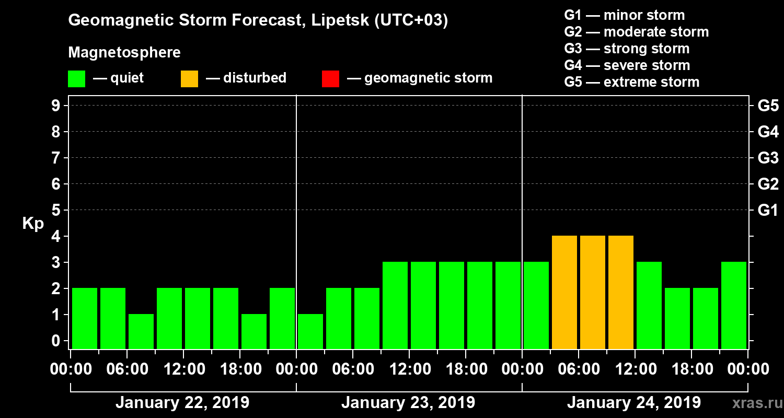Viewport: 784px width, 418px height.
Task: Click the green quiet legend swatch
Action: tap(76, 79)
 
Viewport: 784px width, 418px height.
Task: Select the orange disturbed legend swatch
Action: tap(189, 79)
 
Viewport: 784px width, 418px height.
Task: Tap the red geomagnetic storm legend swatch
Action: tap(330, 79)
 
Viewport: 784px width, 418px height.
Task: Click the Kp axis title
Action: tap(33, 223)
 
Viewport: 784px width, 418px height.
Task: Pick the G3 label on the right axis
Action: tap(768, 158)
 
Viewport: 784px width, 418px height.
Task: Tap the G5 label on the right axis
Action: tap(768, 106)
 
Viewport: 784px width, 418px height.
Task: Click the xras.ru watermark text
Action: tap(753, 403)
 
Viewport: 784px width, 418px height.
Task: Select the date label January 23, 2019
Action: tap(408, 403)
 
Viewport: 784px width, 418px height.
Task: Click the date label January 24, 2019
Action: tap(634, 403)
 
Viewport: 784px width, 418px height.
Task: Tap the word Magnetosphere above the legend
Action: tap(124, 53)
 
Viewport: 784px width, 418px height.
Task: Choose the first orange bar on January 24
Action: tap(564, 292)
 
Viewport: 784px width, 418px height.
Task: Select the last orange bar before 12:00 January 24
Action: tap(621, 292)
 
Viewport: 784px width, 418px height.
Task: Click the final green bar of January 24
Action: tap(734, 305)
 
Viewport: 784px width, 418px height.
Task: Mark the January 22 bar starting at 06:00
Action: tap(141, 331)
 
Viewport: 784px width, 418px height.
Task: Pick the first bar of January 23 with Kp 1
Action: tap(310, 331)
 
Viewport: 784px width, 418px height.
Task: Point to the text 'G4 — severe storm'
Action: tap(627, 65)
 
